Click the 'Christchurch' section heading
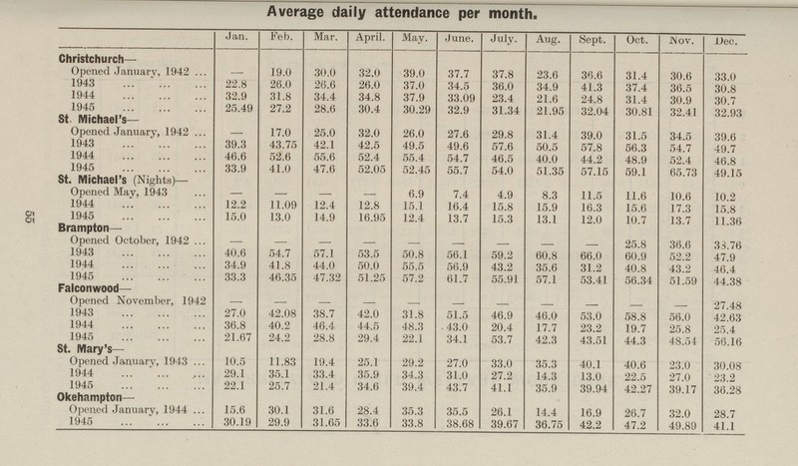point(94,59)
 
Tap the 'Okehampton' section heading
point(94,405)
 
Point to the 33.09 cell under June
point(459,97)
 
